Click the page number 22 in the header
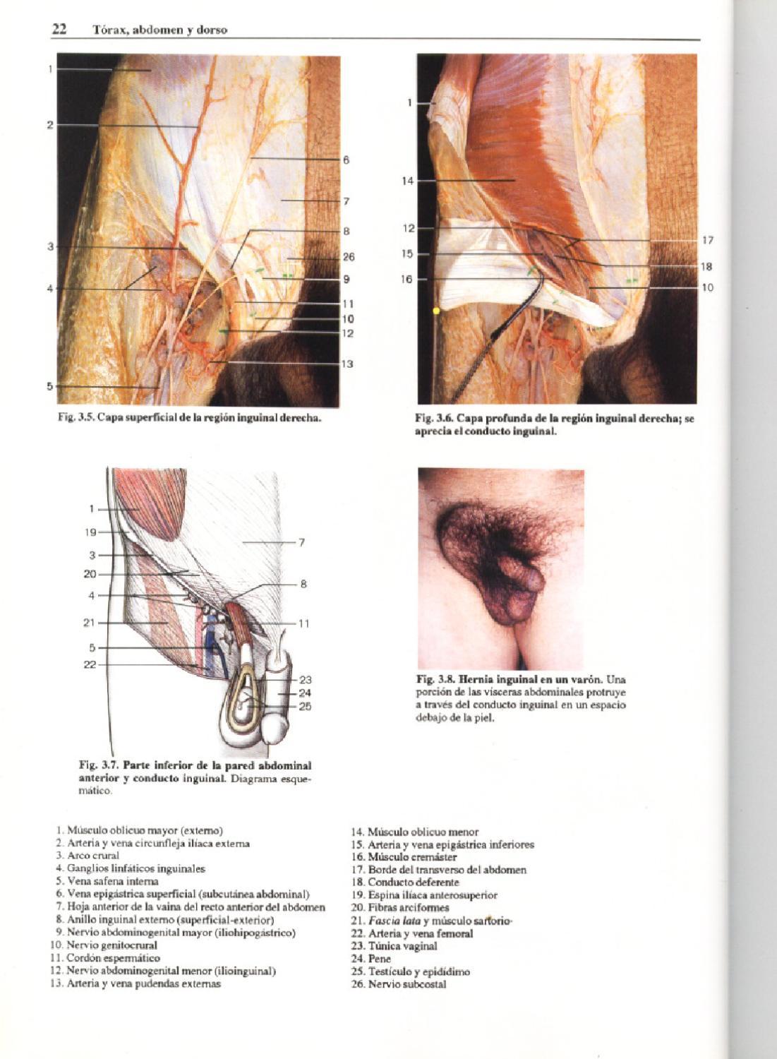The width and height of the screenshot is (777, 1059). pos(59,29)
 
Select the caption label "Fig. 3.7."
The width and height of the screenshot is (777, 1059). pos(98,765)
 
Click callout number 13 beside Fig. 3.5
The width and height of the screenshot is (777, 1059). pos(347,364)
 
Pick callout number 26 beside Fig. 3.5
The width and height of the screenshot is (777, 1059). pos(349,257)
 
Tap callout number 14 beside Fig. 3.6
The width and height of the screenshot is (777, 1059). pos(408,181)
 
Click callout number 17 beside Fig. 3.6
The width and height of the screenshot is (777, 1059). pos(708,241)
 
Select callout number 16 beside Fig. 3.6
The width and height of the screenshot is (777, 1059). pos(407,279)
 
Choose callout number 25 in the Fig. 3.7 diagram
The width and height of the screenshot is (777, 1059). pos(305,706)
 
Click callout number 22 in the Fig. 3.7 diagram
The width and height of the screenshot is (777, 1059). pos(90,664)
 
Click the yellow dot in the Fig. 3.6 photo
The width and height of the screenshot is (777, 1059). pos(436,311)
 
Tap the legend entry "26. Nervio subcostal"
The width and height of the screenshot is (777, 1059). pos(399,984)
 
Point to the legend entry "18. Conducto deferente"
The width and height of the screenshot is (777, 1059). pos(404,882)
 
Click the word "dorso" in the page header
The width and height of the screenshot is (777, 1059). pos(212,30)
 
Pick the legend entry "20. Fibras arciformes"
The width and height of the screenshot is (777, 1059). pos(400,907)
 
